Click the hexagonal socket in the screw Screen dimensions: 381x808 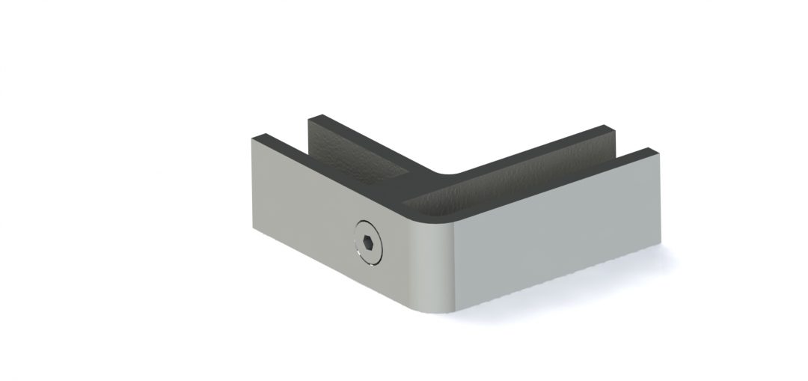click(367, 244)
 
